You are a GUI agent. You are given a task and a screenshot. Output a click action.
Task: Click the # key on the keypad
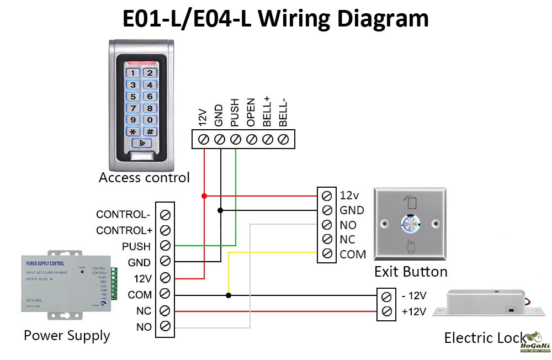coord(150,131)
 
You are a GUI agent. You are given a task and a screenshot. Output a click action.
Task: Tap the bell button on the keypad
coord(142,144)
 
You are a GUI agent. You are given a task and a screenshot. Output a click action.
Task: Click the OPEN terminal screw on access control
coord(252,140)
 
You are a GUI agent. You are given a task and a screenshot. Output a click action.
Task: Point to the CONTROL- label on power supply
coord(123,214)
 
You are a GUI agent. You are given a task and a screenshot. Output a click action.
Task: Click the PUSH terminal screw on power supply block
coord(164,246)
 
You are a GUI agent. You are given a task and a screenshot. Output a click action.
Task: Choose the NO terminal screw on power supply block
coord(164,326)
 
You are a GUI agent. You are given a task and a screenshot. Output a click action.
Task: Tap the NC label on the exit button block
coord(348,240)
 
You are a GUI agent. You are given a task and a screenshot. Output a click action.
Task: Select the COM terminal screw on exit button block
coord(327,254)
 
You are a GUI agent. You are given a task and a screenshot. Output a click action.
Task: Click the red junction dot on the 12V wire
coord(204,195)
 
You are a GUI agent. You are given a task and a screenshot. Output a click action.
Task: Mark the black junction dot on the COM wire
coord(229,295)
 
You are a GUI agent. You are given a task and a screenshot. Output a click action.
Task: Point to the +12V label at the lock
coord(414,312)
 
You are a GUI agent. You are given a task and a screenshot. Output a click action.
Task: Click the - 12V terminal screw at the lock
coord(386,296)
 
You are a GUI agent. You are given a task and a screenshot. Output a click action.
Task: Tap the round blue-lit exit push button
coord(410,223)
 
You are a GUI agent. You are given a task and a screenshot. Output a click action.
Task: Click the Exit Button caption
coord(411,272)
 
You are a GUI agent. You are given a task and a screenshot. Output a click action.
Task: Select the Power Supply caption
coord(67,335)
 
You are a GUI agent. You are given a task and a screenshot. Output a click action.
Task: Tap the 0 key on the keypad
coord(150,120)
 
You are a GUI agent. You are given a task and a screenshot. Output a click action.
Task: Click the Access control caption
coord(144,178)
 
